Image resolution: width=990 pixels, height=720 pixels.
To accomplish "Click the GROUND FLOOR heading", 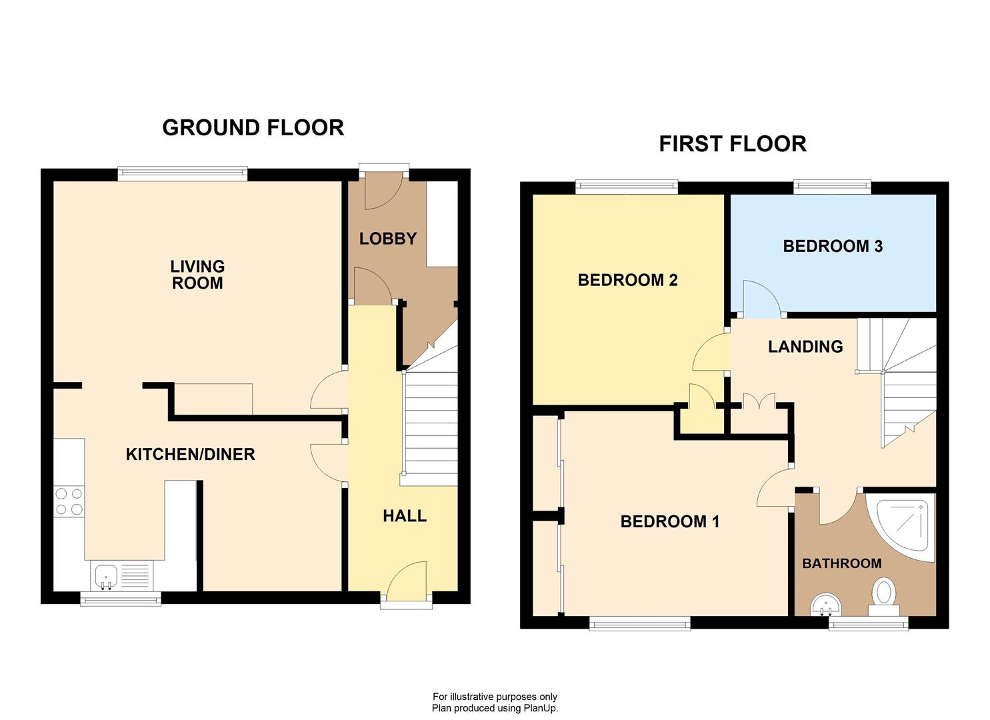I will tap(253, 127).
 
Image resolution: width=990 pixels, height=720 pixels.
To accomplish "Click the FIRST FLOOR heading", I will tap(732, 144).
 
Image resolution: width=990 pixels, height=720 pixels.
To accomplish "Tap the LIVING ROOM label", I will tap(197, 275).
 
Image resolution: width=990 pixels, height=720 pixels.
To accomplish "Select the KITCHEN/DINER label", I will tap(191, 455).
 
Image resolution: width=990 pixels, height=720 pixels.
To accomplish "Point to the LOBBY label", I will tap(387, 239).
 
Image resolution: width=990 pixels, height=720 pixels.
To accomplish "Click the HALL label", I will tap(404, 516).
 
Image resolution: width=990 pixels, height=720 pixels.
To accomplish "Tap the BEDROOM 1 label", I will tap(669, 521).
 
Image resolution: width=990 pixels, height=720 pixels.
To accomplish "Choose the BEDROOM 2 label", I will tap(627, 280).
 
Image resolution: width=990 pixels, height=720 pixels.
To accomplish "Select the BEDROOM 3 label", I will tap(833, 246).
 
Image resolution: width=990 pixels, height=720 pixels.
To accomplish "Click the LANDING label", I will tap(805, 347).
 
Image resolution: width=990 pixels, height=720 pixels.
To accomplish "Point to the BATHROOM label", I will tap(841, 564).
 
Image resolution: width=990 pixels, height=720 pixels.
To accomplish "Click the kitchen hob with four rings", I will tap(69, 501).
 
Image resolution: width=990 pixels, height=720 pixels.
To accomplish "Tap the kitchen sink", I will tap(106, 576).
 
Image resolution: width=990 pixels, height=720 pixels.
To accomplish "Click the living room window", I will tap(183, 174).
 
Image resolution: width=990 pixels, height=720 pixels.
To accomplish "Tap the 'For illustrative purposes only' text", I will tap(495, 697).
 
